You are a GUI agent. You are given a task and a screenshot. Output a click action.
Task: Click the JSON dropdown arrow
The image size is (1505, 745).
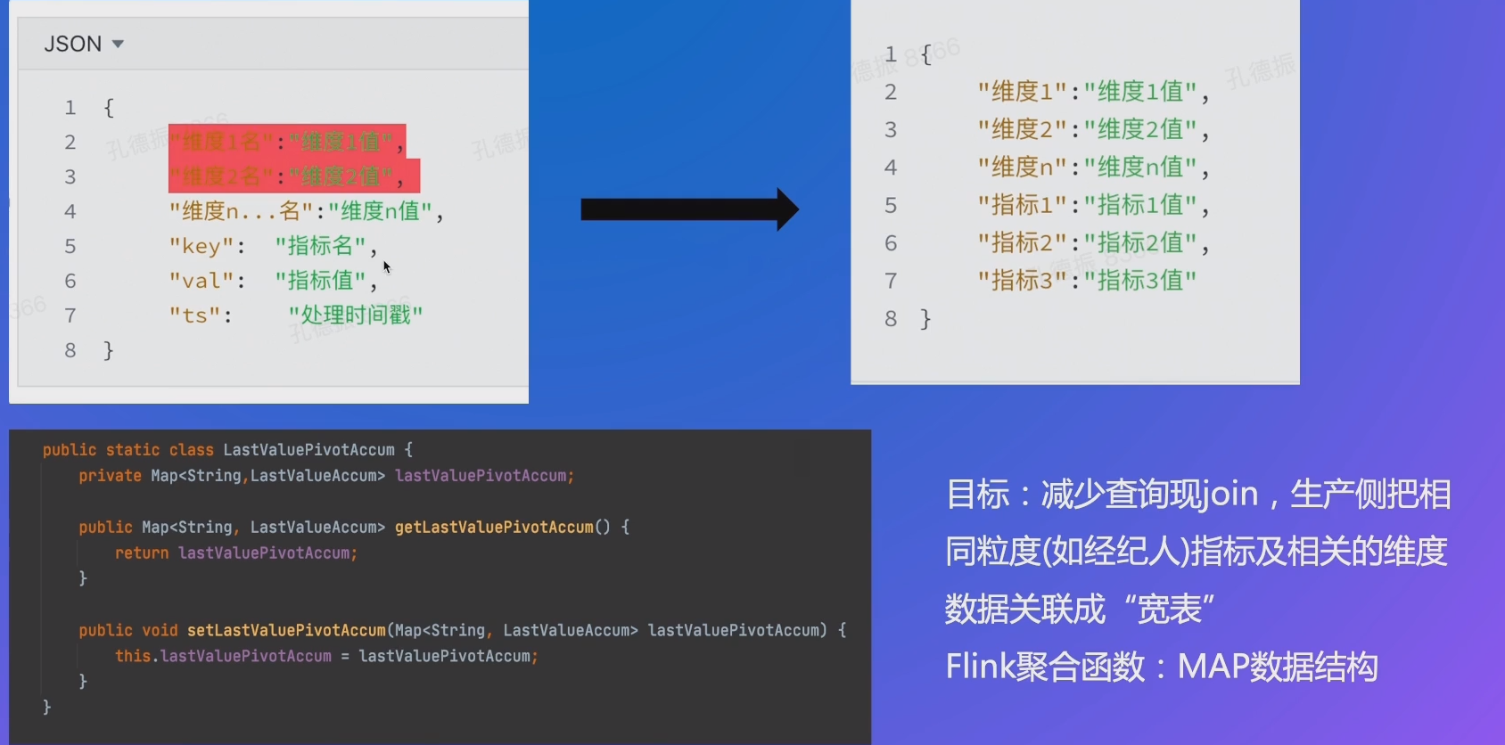point(118,44)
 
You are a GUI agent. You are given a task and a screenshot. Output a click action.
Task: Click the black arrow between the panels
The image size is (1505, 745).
point(688,209)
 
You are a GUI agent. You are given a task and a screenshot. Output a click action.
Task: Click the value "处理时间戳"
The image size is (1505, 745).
point(356,315)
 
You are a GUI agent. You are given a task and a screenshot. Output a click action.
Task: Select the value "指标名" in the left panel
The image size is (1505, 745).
point(321,246)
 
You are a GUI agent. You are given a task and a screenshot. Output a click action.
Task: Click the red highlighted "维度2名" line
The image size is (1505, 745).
point(293,176)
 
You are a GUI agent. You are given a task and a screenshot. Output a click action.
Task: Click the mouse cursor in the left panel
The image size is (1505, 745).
point(386,266)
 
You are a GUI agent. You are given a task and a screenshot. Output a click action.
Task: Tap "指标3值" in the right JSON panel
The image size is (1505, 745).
point(1140,280)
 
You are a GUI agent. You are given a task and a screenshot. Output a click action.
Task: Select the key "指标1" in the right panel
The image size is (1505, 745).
point(1022,205)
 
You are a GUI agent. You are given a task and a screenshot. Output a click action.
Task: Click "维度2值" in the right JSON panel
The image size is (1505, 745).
point(1140,129)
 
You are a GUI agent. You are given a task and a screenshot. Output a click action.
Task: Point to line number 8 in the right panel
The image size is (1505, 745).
point(891,318)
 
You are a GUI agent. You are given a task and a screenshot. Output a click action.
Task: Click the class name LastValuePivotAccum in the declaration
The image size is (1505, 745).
point(308,450)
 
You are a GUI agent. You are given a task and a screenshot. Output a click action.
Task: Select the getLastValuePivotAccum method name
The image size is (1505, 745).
point(494,527)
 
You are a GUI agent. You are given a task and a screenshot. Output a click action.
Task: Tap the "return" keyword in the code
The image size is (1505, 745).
point(142,553)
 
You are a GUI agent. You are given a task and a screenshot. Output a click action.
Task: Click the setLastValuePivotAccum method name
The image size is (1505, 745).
point(286,630)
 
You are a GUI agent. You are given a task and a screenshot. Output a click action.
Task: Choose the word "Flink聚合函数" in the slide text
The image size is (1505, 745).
point(1045,667)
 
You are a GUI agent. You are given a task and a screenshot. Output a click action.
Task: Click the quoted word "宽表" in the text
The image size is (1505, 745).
point(1169,610)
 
